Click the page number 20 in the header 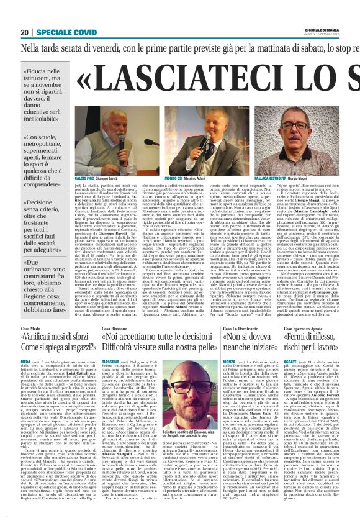pos(24,32)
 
